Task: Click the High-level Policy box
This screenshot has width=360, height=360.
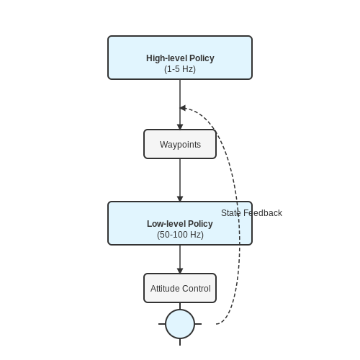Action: point(180,58)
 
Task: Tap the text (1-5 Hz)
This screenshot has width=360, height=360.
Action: point(180,69)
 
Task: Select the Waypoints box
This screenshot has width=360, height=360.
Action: point(180,144)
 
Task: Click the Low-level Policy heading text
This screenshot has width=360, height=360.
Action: point(180,224)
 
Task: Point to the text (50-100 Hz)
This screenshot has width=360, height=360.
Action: point(180,235)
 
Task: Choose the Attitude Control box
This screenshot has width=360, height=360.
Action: point(180,288)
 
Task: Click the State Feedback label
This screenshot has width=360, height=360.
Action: point(251,213)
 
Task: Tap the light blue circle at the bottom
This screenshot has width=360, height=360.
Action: point(180,324)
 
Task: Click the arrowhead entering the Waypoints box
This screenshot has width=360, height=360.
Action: point(180,127)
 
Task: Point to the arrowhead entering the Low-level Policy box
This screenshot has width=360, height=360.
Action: point(180,199)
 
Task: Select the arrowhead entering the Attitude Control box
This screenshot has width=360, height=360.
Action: point(180,271)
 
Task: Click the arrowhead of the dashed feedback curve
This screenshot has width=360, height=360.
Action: point(183,108)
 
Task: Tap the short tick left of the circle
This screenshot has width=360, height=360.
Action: point(162,324)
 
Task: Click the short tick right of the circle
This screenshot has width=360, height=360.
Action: point(198,324)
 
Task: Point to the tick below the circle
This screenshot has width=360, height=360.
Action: point(180,342)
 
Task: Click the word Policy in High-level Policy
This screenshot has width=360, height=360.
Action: point(202,58)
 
